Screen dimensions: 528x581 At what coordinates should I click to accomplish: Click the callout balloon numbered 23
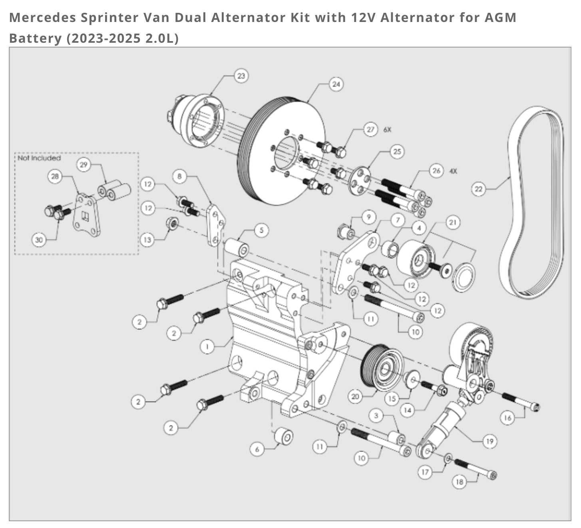pos(241,75)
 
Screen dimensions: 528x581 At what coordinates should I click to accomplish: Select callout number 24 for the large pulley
pos(336,84)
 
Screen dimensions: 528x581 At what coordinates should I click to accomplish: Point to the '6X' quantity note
pos(387,130)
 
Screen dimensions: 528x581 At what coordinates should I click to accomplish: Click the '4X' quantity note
pos(453,171)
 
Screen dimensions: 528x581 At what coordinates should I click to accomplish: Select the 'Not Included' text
pos(39,158)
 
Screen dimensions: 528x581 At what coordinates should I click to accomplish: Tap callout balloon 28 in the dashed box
pos(55,176)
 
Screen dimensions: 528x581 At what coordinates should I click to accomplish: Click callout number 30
pos(39,240)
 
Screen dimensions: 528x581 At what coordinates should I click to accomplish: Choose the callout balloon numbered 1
pos(207,347)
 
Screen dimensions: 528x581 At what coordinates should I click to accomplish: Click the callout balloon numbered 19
pos(489,441)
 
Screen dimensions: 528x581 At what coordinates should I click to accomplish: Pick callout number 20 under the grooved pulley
pos(355,396)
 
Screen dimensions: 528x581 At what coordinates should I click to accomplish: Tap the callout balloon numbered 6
pos(257,449)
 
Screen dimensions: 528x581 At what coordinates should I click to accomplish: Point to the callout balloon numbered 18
pos(460,482)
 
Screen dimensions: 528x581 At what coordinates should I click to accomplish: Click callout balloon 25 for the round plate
pos(397,151)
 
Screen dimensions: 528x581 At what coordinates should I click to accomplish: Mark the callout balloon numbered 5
pos(261,230)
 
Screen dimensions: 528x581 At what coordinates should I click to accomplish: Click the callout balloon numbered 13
pos(147,240)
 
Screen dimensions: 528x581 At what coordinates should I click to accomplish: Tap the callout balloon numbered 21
pos(452,222)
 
